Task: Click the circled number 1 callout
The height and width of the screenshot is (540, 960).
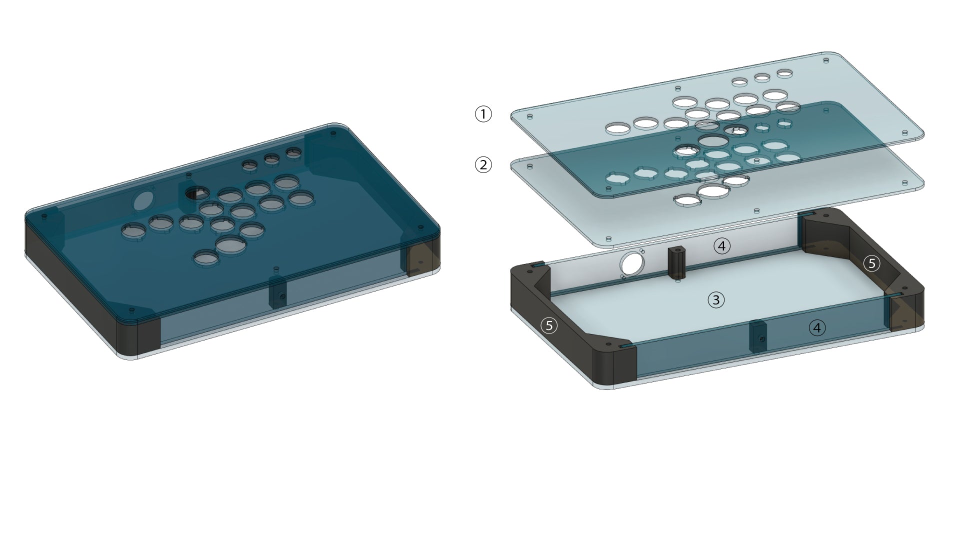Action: coord(483,114)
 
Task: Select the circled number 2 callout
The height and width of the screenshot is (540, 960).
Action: coord(483,164)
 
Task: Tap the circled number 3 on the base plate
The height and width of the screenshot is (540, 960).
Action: coord(716,300)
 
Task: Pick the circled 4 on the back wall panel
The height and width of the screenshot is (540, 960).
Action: coord(721,245)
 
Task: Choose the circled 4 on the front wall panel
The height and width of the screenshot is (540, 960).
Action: coord(817,327)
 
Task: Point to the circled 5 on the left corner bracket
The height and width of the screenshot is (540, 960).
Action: coord(549,325)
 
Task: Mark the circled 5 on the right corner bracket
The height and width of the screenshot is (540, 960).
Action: coord(872,263)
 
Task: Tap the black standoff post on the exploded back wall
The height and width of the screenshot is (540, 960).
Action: coord(676,263)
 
